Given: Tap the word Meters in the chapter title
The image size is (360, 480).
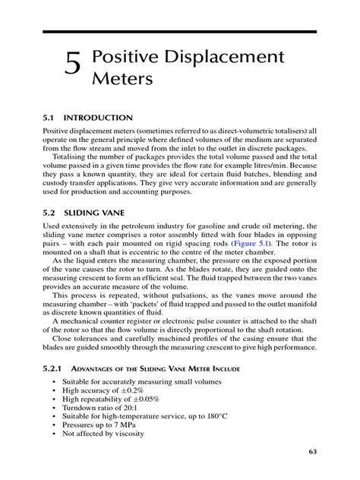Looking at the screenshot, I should [x=126, y=79].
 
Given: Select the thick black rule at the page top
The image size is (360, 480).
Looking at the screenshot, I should [x=179, y=32].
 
